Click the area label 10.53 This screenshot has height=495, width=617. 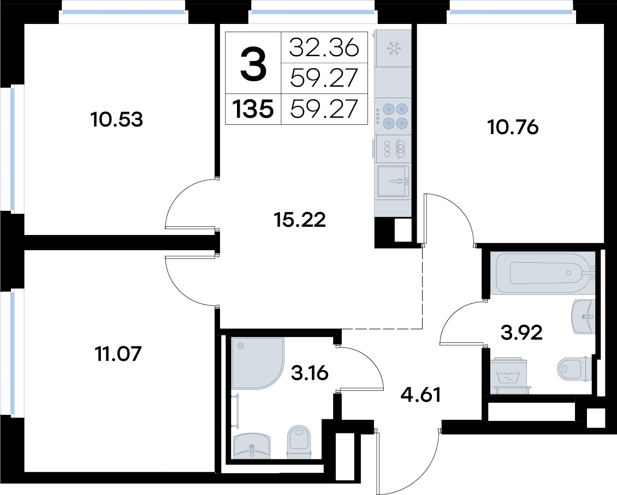click(116, 119)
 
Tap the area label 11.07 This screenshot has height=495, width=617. click(118, 354)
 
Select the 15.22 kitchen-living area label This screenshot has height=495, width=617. click(300, 220)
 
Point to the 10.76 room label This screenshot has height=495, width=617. click(513, 127)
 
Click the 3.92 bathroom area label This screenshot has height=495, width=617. click(522, 333)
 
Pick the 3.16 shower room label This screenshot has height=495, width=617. click(310, 373)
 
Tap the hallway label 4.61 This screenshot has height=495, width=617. click(420, 395)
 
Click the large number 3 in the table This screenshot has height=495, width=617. click(253, 63)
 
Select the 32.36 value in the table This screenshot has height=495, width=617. click(324, 48)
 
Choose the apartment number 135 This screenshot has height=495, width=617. click(253, 109)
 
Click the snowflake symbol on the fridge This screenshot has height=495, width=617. click(393, 49)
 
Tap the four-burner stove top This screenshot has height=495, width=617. click(394, 116)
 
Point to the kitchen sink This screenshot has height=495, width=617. click(393, 181)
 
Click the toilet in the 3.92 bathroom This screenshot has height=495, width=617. click(574, 369)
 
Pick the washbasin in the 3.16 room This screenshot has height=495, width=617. click(252, 446)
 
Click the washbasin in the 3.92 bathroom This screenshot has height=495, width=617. click(583, 316)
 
